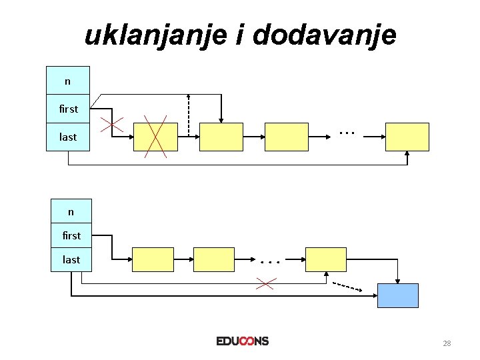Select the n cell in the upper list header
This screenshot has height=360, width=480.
(67, 81)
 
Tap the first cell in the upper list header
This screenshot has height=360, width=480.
(68, 109)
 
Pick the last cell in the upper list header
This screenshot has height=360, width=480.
(68, 137)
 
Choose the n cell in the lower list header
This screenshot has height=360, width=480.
(71, 212)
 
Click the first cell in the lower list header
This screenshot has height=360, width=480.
(71, 235)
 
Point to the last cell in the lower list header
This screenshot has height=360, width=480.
(71, 259)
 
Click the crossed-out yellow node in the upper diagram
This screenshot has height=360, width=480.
(155, 137)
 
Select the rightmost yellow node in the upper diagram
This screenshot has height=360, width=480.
(407, 137)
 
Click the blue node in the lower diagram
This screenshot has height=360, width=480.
(398, 295)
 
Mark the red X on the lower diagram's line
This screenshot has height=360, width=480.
(265, 284)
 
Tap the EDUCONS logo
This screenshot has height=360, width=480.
(242, 341)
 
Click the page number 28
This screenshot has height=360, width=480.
(447, 343)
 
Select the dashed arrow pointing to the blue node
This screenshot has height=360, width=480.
(347, 287)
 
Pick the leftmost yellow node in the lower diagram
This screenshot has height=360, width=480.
(153, 259)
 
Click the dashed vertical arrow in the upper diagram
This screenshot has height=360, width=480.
(189, 113)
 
